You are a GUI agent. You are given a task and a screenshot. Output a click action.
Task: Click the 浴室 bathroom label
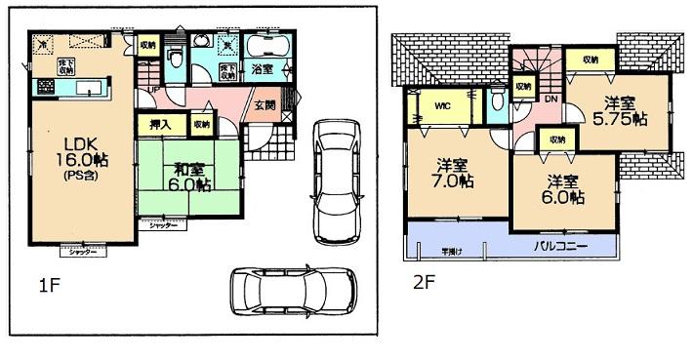262,70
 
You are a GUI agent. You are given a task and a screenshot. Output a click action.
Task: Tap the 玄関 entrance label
265,105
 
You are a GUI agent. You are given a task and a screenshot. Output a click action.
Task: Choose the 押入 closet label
156,124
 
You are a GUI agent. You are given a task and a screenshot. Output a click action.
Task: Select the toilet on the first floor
174,57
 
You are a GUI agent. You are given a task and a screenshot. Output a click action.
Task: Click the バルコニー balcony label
560,247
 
